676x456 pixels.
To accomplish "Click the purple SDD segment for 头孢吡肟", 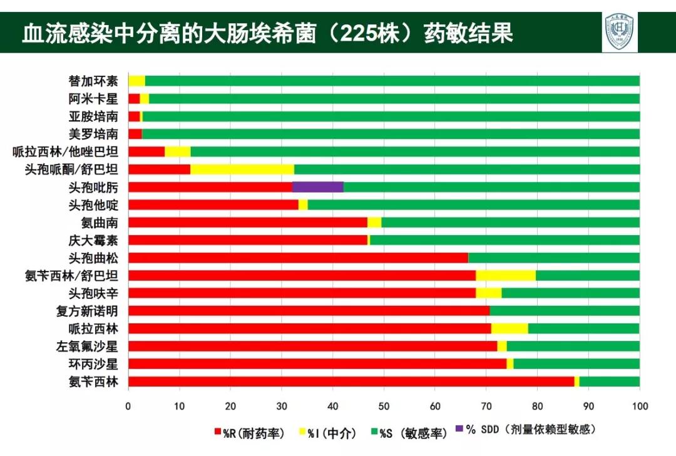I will tap(317, 186).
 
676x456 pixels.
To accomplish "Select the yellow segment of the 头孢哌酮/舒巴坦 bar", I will tap(242, 169).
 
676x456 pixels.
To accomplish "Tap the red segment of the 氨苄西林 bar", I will tap(351, 382).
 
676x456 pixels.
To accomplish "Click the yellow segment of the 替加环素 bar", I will tap(136, 81).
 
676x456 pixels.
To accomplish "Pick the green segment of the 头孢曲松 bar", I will tap(553, 258).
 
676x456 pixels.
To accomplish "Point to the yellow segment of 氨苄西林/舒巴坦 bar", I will tap(505, 275).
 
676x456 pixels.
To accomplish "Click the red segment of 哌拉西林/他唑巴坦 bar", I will tap(146, 151).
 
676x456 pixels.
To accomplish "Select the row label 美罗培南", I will tap(93, 133).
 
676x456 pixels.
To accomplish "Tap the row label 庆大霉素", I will tap(93, 240).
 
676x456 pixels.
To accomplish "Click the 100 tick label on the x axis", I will tap(639, 405).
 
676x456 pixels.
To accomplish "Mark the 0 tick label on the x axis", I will tap(128, 405).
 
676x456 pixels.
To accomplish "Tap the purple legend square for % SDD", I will tap(460, 429).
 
